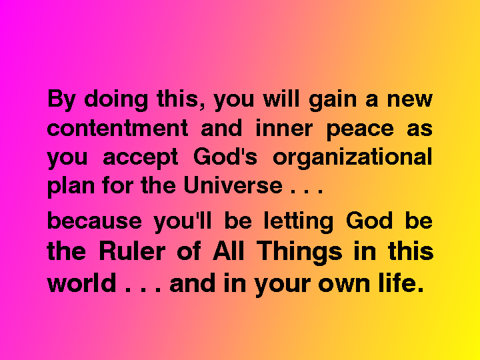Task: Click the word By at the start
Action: click(x=61, y=100)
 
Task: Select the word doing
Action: click(x=116, y=100)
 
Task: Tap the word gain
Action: click(x=333, y=100)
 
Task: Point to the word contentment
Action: click(x=117, y=128)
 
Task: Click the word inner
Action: click(x=284, y=128)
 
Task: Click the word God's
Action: click(x=225, y=157)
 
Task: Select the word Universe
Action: click(x=233, y=185)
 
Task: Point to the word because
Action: click(x=94, y=221)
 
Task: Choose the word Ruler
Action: click(x=132, y=251)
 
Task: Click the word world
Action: click(x=81, y=283)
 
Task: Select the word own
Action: click(x=344, y=284)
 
